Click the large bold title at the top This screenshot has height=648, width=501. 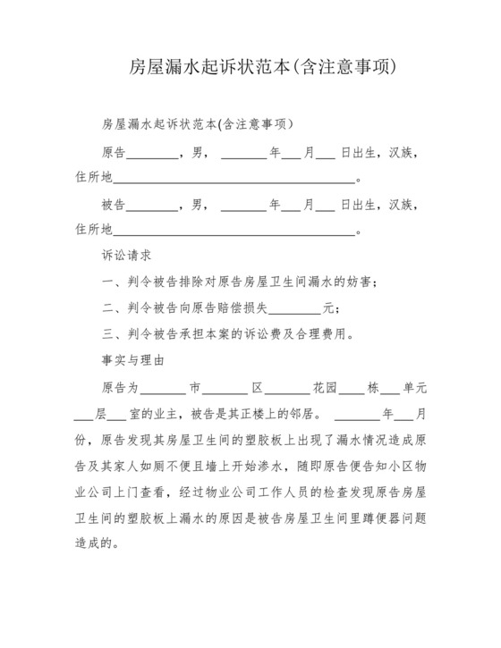click(x=250, y=68)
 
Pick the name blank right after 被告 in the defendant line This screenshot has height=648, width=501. click(x=157, y=205)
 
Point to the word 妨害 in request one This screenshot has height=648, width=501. click(x=362, y=282)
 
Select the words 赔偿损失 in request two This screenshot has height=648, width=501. click(x=243, y=309)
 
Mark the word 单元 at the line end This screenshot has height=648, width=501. click(x=416, y=389)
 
